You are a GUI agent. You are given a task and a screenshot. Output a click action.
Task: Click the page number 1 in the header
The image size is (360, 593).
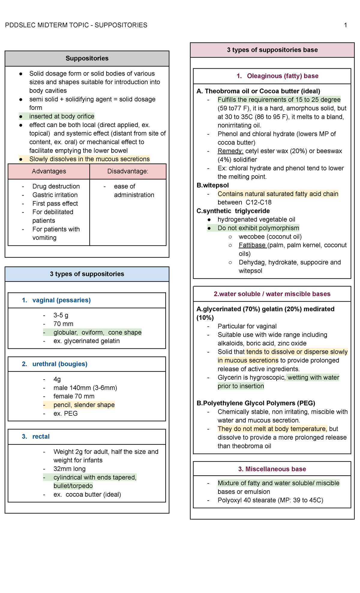pos(346,25)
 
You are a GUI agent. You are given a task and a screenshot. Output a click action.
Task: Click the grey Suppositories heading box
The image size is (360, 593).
pos(87,58)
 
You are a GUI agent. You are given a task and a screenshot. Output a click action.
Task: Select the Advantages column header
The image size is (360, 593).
pos(49,171)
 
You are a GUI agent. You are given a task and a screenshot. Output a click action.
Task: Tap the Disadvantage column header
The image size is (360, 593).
pos(128,171)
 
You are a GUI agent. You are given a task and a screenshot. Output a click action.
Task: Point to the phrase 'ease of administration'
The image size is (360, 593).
pos(134,191)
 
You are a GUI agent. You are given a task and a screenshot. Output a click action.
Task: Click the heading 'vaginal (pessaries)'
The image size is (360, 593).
pos(61,300)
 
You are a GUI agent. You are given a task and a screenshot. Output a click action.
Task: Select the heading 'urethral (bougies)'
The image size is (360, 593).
pos(60,364)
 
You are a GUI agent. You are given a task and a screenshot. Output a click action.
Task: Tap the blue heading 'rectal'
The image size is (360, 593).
pos(41,437)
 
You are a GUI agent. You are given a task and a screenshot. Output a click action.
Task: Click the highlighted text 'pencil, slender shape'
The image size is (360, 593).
pos(84,405)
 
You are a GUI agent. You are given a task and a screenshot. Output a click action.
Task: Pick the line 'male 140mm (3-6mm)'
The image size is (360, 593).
pos(85,388)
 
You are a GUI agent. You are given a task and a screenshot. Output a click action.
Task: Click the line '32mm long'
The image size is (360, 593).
pos(69,469)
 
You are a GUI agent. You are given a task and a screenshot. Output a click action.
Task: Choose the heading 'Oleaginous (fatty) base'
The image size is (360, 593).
pos(282,76)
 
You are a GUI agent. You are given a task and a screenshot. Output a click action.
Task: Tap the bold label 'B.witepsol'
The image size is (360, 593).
pos(213,185)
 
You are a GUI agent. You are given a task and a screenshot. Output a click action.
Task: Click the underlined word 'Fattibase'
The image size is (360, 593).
pos(252,245)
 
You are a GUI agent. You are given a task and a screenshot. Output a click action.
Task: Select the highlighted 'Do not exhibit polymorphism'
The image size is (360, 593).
pos(258,228)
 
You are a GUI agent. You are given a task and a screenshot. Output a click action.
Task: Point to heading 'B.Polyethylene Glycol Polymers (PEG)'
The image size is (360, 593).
pos(256,403)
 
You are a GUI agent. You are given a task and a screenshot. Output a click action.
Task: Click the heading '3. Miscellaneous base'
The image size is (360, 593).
pos(272,469)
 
